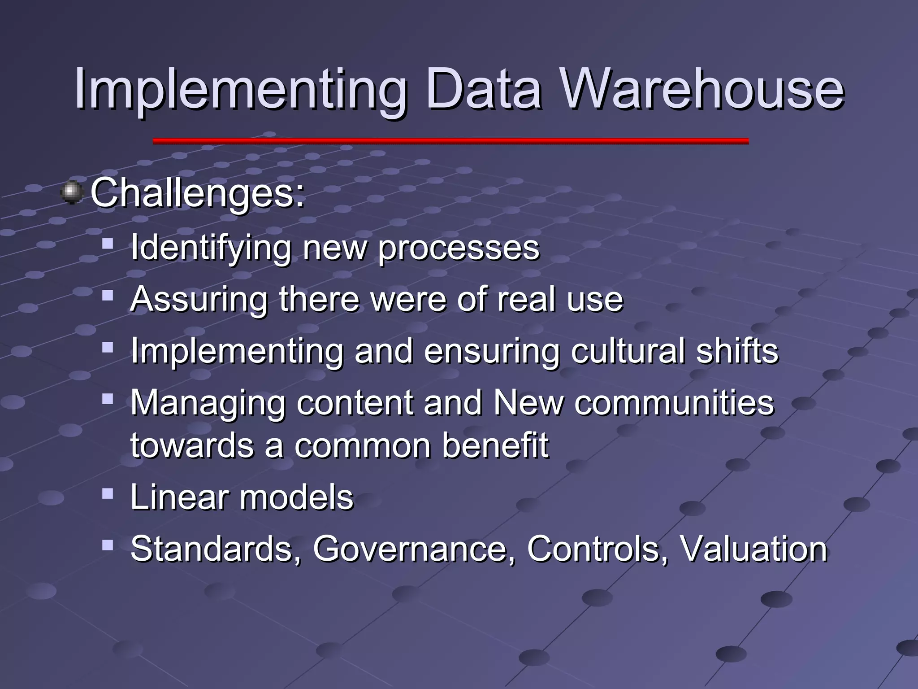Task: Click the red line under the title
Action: point(450,141)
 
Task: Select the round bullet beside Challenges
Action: point(72,193)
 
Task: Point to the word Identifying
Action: point(211,248)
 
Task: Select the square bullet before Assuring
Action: point(108,295)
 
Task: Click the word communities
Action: point(674,402)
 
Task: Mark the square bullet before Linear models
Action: point(108,494)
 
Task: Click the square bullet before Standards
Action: point(108,545)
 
